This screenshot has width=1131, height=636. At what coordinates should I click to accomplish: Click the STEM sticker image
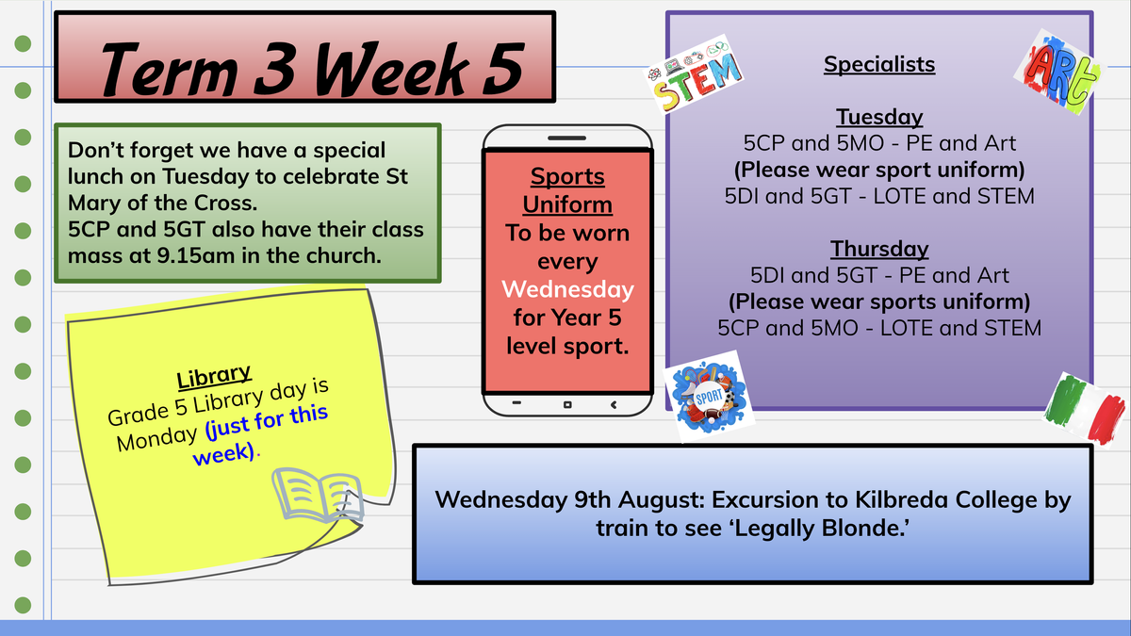pos(694,74)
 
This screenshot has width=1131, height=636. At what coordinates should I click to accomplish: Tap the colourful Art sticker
pos(1058,72)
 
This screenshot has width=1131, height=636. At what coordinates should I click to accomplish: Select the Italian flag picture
pos(1085,409)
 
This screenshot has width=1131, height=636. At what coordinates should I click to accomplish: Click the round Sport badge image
pos(709,397)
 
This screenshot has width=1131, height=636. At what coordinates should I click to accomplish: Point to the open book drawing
pos(319,496)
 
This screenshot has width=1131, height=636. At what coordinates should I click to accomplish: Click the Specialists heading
pos(879,65)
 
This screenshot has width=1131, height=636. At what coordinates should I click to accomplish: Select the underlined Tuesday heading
pos(879,117)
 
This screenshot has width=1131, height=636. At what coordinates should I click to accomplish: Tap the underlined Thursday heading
pos(879,249)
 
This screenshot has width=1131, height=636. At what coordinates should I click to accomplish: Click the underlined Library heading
pos(214,376)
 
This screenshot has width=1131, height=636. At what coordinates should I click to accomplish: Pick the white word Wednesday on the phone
pos(567,290)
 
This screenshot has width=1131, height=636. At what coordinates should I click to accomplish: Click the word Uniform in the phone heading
pos(567,205)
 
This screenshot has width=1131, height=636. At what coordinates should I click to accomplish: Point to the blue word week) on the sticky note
pos(224,454)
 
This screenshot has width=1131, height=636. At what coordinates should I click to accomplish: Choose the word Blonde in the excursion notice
pos(865,528)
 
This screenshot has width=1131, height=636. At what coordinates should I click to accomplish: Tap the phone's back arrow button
pos(614,404)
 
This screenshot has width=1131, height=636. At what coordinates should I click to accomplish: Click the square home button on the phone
pos(567,404)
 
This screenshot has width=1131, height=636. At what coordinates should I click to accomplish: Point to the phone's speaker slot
pos(567,138)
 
